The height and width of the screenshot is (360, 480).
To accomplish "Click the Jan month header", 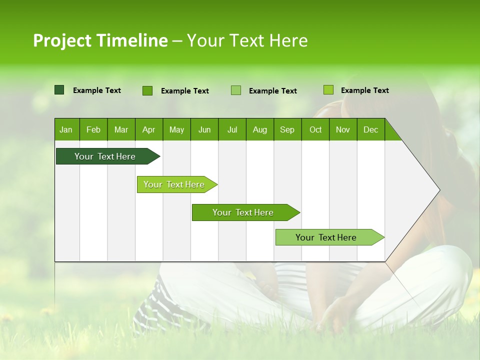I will click(x=66, y=129).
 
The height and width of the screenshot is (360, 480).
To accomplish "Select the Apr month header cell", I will click(x=148, y=129).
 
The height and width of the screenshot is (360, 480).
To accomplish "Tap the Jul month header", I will click(x=232, y=129).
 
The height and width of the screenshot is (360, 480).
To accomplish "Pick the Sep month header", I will click(x=287, y=129).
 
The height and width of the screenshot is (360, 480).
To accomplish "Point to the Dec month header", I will click(x=370, y=129).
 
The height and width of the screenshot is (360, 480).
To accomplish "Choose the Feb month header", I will click(x=93, y=129).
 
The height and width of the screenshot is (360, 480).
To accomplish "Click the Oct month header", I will click(x=315, y=129).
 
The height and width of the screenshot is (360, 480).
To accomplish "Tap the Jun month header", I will click(x=204, y=129).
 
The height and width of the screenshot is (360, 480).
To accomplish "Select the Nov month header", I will click(x=343, y=129).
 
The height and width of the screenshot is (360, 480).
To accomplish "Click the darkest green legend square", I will click(x=59, y=90).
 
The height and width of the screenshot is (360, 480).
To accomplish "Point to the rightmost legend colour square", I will click(x=328, y=90).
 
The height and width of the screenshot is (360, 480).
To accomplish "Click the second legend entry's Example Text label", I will click(x=184, y=91).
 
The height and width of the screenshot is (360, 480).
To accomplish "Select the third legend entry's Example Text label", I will click(x=272, y=91).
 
